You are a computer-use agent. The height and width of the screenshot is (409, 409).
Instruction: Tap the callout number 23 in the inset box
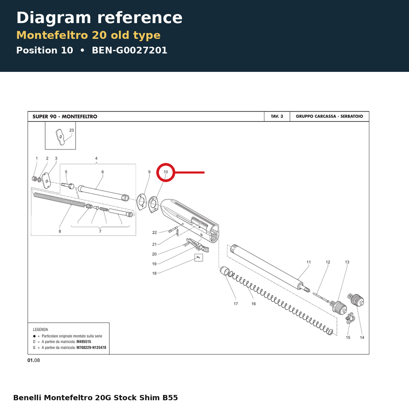[71, 130]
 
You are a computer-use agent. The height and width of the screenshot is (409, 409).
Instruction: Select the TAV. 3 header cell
[277, 116]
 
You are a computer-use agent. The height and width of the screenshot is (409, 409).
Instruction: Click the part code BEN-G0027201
[129, 50]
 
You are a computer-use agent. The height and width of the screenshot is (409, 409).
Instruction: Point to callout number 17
[236, 304]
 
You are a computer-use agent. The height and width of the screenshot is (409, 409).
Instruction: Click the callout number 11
[309, 262]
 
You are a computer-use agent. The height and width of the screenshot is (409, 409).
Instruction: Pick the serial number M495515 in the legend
[84, 342]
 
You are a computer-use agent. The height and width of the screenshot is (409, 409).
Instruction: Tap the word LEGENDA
[40, 330]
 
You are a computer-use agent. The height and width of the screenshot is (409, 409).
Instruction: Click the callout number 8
[60, 231]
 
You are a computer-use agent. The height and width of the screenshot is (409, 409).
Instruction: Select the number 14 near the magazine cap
[362, 338]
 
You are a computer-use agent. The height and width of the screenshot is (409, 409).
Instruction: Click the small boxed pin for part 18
[199, 258]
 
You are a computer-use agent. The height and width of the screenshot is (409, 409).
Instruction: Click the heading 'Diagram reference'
[99, 18]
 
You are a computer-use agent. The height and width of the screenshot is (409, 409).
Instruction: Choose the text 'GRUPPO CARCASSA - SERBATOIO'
[330, 116]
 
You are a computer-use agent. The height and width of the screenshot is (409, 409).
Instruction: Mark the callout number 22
[155, 232]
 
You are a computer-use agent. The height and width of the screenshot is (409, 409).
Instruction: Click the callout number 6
[103, 172]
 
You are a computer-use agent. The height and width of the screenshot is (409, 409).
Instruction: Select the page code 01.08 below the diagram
[34, 360]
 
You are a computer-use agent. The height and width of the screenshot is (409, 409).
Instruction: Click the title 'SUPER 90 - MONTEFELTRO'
[65, 117]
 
